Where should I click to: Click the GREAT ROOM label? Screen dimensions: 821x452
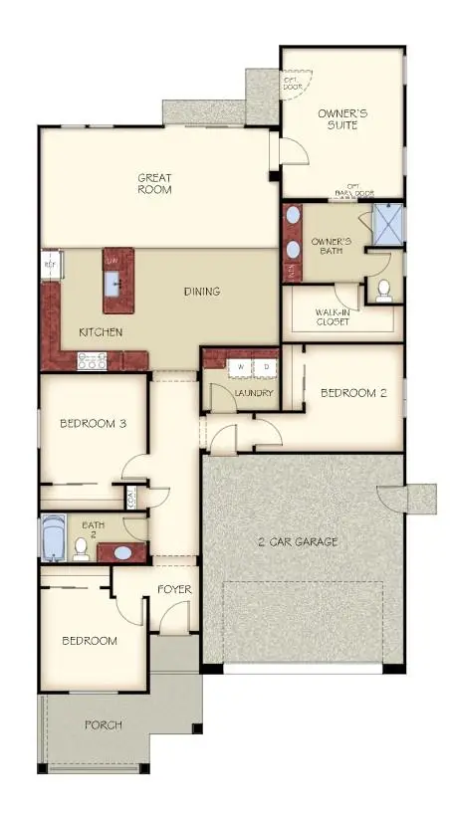pos(154,183)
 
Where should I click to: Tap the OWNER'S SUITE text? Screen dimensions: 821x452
pos(342,119)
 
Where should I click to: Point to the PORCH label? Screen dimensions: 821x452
pos(103,725)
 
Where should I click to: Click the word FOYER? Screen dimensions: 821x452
pos(174,590)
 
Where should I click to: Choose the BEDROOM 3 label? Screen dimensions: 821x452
pos(93,423)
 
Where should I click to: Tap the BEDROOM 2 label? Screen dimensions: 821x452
pos(353,393)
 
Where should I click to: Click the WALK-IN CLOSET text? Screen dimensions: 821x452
pos(341,315)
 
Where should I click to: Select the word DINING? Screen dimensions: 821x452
pos(201,292)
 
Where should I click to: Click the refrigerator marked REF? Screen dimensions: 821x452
pos(50,266)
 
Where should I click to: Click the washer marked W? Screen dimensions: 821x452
pos(239,367)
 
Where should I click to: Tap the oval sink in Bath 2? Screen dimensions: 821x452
pos(121,551)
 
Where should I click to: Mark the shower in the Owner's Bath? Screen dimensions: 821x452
pos(386,223)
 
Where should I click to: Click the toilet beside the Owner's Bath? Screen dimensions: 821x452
pos(383,290)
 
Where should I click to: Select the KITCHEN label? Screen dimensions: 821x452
pos(100,331)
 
